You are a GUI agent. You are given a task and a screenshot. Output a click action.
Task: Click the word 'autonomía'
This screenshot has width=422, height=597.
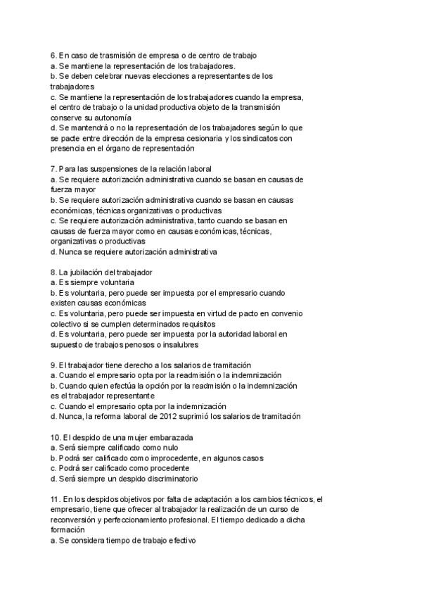tap(112, 118)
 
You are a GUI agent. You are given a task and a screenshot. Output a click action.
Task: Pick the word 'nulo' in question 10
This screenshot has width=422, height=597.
tap(169, 448)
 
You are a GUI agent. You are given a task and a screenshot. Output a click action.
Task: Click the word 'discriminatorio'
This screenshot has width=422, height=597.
tap(170, 479)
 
